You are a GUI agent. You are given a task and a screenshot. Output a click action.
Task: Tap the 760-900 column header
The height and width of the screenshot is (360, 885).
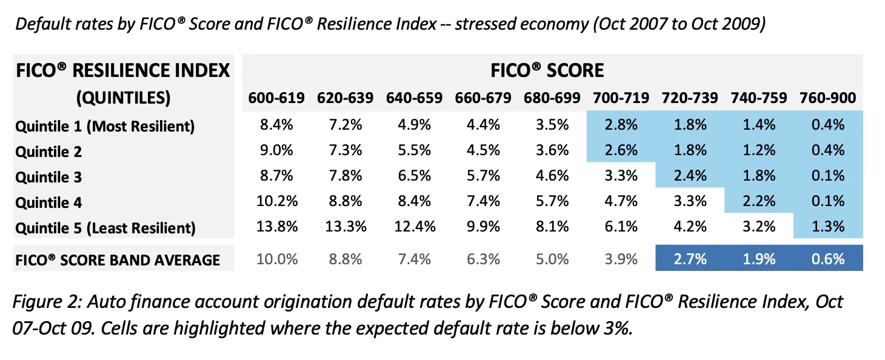[x=827, y=98]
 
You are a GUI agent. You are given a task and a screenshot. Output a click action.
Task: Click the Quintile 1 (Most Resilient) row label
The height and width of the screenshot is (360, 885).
[x=105, y=126]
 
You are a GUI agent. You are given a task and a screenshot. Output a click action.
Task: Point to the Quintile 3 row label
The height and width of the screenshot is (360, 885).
[x=48, y=177]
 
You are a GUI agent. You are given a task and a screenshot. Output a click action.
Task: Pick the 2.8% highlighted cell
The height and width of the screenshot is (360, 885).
[x=621, y=125]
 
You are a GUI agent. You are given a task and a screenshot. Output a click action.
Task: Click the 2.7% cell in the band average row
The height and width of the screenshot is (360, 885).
[x=690, y=259]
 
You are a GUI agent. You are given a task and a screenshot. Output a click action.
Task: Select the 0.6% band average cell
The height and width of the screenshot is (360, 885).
[x=827, y=259]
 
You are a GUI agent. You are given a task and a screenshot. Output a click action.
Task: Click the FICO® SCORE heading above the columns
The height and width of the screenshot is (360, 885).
[x=547, y=70]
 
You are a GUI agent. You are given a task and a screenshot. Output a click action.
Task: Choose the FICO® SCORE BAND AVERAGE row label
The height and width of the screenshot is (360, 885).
[x=118, y=260]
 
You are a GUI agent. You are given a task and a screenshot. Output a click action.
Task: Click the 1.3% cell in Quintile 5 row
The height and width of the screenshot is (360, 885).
[x=827, y=227]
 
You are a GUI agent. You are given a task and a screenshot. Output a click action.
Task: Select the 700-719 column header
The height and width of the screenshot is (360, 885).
[x=621, y=98]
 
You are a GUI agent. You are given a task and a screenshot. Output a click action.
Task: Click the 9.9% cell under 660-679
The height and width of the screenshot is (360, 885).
[x=483, y=227]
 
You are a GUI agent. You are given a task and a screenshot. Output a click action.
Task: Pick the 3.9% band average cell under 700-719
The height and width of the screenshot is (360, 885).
[x=621, y=259]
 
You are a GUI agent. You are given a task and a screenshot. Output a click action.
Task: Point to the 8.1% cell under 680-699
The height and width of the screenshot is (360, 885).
[x=552, y=227]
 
